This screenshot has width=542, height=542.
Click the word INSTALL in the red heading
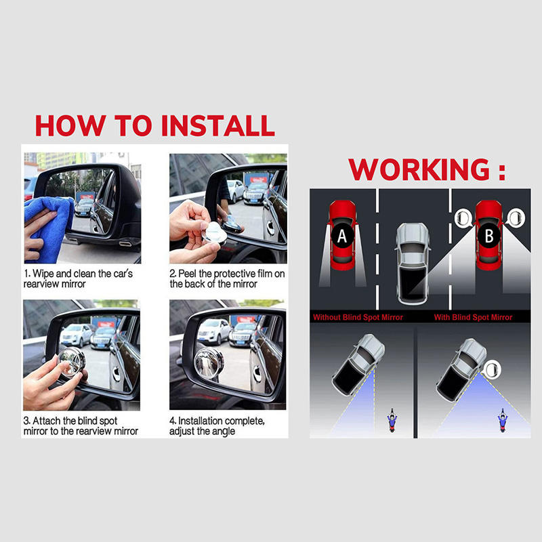pos(218,125)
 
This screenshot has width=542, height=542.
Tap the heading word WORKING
pos(419,169)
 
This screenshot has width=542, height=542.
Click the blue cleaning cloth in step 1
pos(49,228)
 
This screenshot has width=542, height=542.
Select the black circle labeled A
pos(342,236)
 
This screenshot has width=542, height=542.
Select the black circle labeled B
pos(489,236)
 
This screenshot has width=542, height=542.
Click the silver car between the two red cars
pos(413,264)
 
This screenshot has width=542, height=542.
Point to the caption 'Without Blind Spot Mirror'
pos(358,317)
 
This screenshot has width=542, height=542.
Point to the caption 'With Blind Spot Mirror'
pos(473,317)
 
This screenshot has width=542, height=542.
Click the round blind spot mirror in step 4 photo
pos(209,363)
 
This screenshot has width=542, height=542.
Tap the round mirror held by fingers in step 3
pos(72,362)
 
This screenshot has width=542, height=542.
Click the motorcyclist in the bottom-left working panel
pos(392,420)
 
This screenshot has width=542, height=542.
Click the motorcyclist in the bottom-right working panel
pos(503,420)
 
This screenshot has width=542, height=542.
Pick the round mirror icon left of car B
pos(463,218)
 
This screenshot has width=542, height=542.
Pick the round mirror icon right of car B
pos(516,218)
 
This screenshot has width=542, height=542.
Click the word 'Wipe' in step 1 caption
pos(43,274)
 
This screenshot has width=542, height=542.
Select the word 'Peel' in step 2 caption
pos(188,274)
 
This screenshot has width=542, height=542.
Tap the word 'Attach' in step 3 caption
pos(47,421)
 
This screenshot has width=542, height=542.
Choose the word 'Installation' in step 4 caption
pos(200,421)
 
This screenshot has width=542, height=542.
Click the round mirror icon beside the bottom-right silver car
pos(492,369)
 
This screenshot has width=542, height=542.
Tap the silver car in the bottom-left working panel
pos(358,364)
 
